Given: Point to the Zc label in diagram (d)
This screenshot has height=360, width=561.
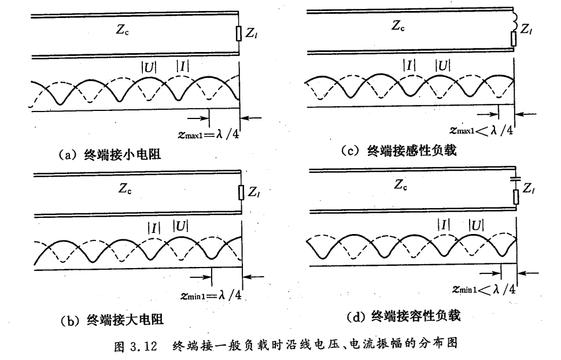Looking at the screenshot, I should (401, 185).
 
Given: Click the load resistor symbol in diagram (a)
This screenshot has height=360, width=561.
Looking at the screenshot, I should (239, 34).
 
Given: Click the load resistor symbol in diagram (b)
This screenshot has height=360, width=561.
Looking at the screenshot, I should (241, 193).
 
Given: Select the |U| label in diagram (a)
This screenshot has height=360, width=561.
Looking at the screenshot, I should (149, 66).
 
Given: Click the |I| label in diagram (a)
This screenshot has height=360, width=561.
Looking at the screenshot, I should (182, 66).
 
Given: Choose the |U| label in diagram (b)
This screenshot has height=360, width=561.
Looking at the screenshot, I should (180, 226).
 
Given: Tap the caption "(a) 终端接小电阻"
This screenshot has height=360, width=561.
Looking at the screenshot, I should (110, 155).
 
